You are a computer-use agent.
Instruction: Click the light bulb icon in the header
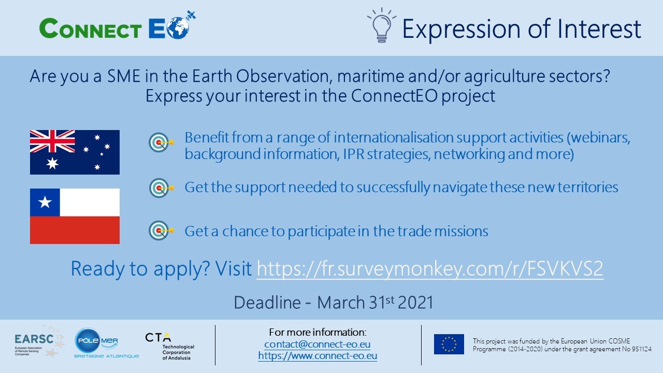tap(382, 25)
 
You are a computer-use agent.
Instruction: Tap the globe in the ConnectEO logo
tap(178, 27)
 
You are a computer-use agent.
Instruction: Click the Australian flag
tap(75, 152)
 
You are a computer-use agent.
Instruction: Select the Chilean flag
tap(75, 216)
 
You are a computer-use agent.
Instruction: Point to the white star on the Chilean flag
tap(45, 202)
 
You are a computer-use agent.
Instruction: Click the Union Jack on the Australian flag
tap(52, 141)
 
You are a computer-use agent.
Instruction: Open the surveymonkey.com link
tap(430, 269)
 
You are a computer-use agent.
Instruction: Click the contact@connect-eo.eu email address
tap(318, 345)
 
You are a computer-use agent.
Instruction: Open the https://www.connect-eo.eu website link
tap(318, 355)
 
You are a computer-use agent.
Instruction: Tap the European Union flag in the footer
tap(449, 345)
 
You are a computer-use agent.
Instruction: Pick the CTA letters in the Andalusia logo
tap(158, 337)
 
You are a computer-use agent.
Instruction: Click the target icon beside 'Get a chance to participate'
tap(161, 231)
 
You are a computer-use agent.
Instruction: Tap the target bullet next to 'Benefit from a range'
tap(161, 142)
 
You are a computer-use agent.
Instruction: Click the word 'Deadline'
tap(267, 303)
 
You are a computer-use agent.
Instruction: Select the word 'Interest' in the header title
tap(599, 28)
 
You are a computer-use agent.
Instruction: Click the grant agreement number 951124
tap(642, 349)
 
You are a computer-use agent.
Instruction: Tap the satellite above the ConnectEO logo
tap(191, 15)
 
